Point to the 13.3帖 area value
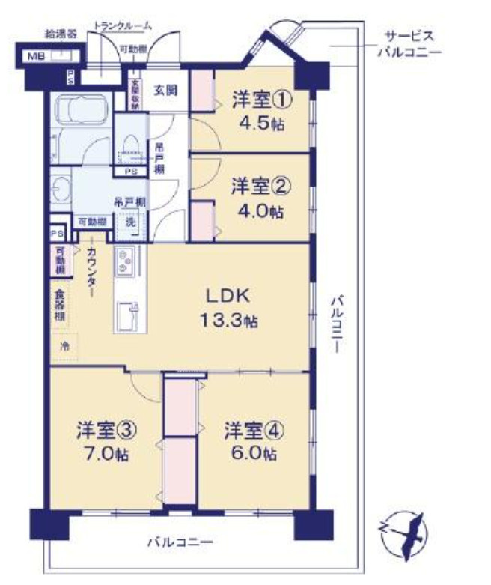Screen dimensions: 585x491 pos(228,321)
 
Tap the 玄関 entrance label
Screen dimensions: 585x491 pos(165,91)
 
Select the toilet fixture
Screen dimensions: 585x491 pos(131,142)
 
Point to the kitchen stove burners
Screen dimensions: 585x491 pos(124,261)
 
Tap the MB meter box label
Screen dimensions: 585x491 pos(37,57)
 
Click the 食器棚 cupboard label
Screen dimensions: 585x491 pos(59,306)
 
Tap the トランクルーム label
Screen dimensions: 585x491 pos(123,26)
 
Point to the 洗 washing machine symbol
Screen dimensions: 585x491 pos(130,222)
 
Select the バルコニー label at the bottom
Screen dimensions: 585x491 pos(180,542)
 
